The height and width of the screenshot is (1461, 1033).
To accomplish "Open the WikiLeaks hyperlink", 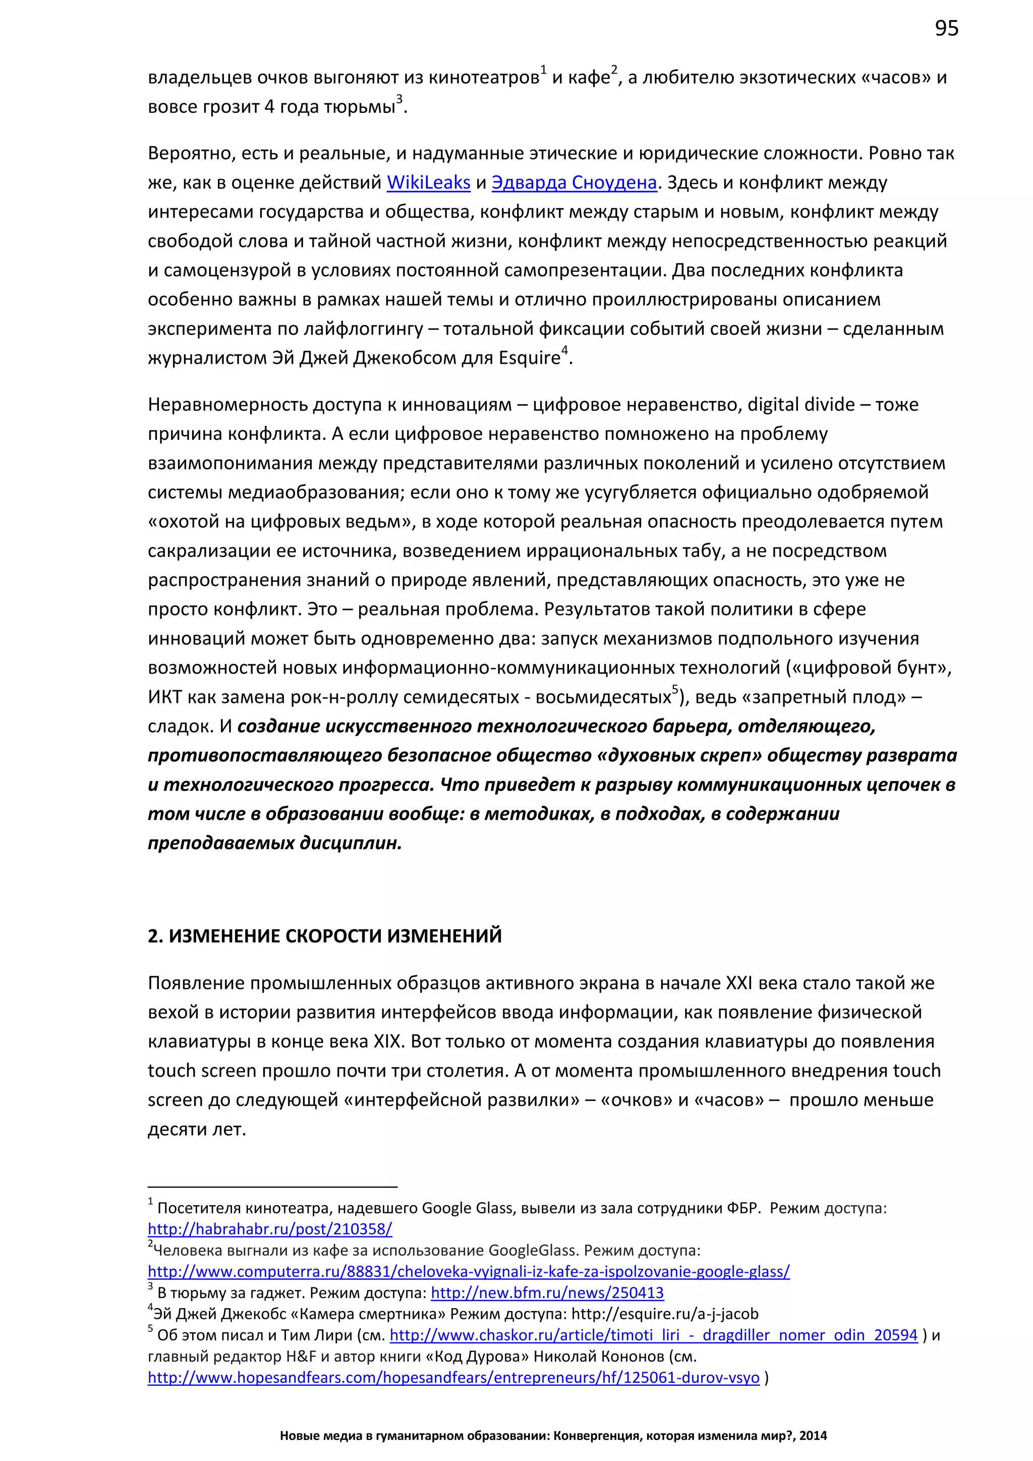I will coord(428,183).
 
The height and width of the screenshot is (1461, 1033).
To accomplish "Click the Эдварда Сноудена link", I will coord(573,183).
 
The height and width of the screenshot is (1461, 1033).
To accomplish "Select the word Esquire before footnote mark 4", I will coord(529,358).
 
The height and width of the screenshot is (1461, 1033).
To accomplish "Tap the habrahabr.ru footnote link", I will coord(270,1229).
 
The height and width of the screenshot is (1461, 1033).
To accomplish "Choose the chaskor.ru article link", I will coord(653,1335).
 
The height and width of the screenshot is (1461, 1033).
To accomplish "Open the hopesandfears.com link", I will coord(453,1378).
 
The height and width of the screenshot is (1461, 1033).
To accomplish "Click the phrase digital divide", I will coord(801,405).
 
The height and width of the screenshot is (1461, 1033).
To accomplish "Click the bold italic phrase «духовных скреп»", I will coord(680,755).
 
